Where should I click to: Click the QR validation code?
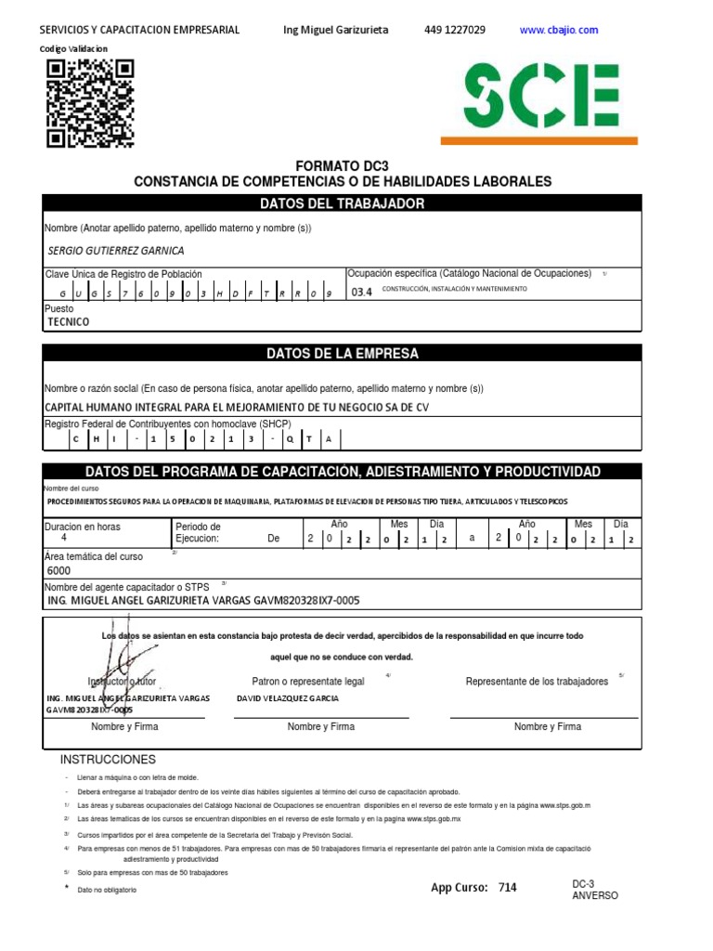90,103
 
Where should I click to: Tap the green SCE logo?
541,96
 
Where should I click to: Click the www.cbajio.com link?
559,30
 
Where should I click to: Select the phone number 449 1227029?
454,30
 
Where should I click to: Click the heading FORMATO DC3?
342,164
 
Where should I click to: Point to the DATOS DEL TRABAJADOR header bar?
342,203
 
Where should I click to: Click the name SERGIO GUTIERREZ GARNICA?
115,251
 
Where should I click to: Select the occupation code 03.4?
361,292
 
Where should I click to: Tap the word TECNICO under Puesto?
69,321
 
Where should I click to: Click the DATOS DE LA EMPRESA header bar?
342,354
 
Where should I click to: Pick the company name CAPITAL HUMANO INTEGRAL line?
237,407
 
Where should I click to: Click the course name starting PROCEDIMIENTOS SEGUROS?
306,502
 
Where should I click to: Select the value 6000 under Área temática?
58,571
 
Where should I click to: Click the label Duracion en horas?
83,527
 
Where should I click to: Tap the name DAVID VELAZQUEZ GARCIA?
288,698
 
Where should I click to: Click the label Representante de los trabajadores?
537,681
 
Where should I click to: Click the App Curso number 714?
507,888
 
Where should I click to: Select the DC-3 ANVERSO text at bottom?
594,891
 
